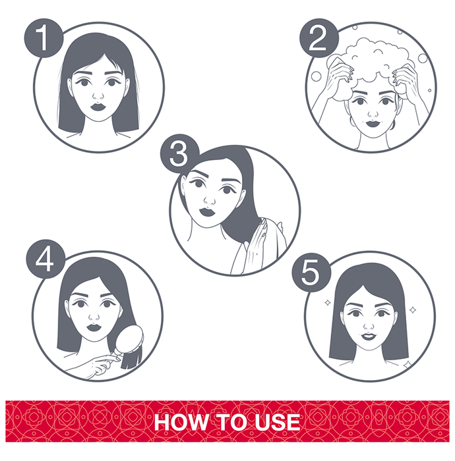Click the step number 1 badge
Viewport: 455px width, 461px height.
click(44, 38)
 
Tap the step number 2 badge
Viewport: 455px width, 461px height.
click(319, 38)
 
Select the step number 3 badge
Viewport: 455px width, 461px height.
click(179, 153)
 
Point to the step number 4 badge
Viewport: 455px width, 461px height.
click(45, 259)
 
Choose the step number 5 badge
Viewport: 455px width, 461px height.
click(311, 272)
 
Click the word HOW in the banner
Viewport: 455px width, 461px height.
click(181, 421)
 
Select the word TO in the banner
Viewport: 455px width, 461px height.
click(232, 421)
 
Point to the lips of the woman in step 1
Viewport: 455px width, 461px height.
click(98, 107)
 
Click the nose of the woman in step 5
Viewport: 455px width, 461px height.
click(369, 325)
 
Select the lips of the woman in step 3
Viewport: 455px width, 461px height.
click(208, 212)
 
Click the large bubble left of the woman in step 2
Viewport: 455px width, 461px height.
click(316, 76)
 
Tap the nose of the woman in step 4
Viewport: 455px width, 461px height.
click(94, 316)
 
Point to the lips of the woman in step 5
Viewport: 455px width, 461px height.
click(369, 336)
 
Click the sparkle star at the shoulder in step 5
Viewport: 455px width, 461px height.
click(407, 365)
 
